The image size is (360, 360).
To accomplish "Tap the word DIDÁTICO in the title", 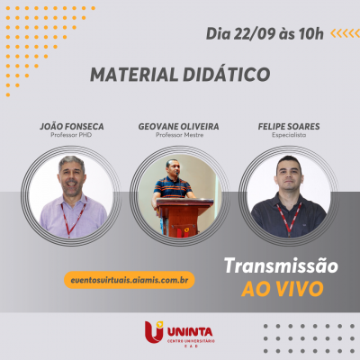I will point(226,74).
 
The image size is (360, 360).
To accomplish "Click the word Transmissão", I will point(281,267).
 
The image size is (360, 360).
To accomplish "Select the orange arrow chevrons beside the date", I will point(345,34).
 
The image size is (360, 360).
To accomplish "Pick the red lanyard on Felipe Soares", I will point(287,217).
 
